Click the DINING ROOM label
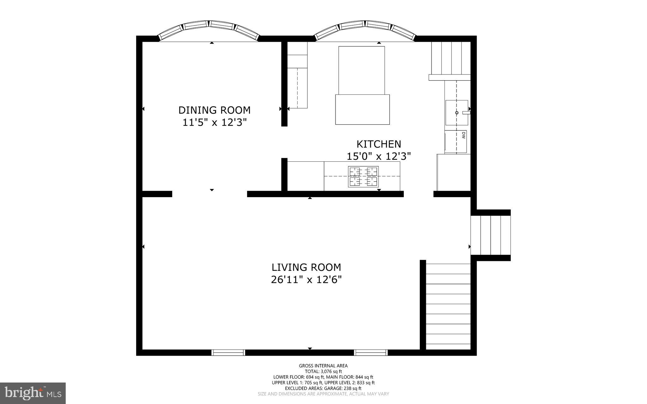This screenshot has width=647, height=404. click(x=214, y=110)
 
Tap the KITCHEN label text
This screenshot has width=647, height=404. click(x=378, y=144)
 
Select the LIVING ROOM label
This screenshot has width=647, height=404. click(x=306, y=267)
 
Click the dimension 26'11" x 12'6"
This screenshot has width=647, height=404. click(x=306, y=280)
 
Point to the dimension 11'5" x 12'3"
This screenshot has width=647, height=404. click(x=214, y=123)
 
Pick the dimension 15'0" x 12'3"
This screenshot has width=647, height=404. click(x=378, y=156)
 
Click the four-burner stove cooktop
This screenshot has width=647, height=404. click(x=363, y=177)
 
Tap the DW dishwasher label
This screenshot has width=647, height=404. click(x=463, y=136)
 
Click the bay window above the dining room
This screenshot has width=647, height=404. click(x=209, y=30)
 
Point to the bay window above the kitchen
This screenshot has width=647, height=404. click(x=365, y=30)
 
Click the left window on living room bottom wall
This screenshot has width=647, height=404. click(x=228, y=353)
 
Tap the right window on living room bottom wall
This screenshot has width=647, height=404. click(x=370, y=353)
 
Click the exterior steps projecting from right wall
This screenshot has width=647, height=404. click(x=490, y=235)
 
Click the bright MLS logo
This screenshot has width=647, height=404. click(x=33, y=393)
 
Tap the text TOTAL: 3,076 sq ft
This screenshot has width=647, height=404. click(x=323, y=371)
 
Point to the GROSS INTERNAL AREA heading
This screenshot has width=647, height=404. click(x=323, y=366)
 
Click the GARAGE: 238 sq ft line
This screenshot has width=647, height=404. click(x=323, y=388)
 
